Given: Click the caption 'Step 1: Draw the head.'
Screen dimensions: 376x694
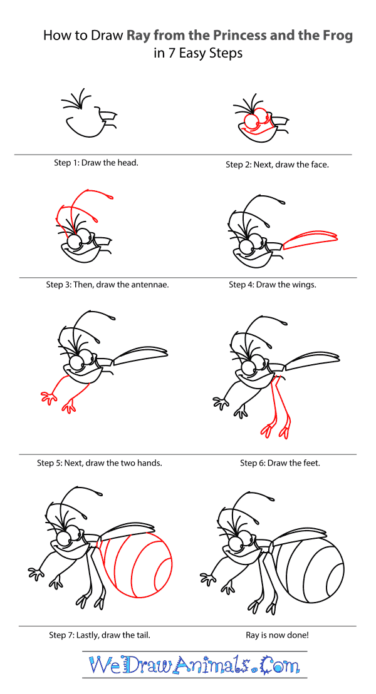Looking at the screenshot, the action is tap(97, 163).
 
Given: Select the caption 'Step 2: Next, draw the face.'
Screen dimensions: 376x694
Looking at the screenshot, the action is tap(277, 165).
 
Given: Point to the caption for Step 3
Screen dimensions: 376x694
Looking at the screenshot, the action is tap(107, 285).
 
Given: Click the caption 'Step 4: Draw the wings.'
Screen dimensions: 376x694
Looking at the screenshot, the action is tap(272, 285).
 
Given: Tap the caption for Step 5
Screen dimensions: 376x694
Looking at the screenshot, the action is tap(99, 464).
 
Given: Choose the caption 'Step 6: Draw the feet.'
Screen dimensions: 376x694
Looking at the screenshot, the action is tap(279, 464).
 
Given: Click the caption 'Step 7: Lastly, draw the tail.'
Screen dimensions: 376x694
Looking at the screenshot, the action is tap(99, 635).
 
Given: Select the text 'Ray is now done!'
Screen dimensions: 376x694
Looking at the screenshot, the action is tap(277, 635).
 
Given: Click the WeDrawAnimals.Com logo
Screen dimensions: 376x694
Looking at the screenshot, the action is tap(194, 665).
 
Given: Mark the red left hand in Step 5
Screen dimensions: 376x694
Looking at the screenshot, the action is tap(48, 397).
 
